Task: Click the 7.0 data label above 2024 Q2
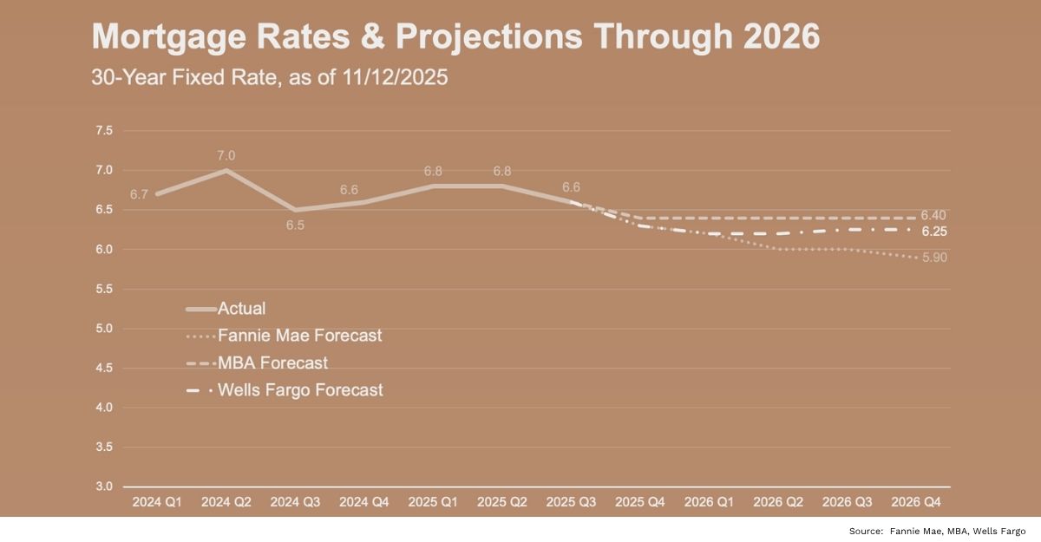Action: tap(226, 156)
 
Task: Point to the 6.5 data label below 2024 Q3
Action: tap(295, 225)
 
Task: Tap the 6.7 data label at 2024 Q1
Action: tap(139, 194)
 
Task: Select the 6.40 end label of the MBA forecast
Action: tap(933, 214)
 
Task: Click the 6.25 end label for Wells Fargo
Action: tap(933, 232)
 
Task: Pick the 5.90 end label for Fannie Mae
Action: tap(933, 258)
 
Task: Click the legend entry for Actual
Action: tap(241, 308)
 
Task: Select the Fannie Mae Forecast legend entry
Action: tap(299, 335)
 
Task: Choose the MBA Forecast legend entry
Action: tap(272, 362)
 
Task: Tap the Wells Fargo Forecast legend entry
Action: tap(299, 390)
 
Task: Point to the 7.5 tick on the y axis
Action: tap(104, 131)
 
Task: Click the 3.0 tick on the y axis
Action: tap(104, 486)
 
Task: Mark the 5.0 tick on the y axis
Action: tap(104, 329)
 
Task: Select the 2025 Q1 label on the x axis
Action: tap(433, 502)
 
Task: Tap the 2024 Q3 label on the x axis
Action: tap(295, 502)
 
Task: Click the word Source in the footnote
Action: tap(866, 530)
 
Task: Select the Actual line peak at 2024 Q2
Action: tap(226, 170)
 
